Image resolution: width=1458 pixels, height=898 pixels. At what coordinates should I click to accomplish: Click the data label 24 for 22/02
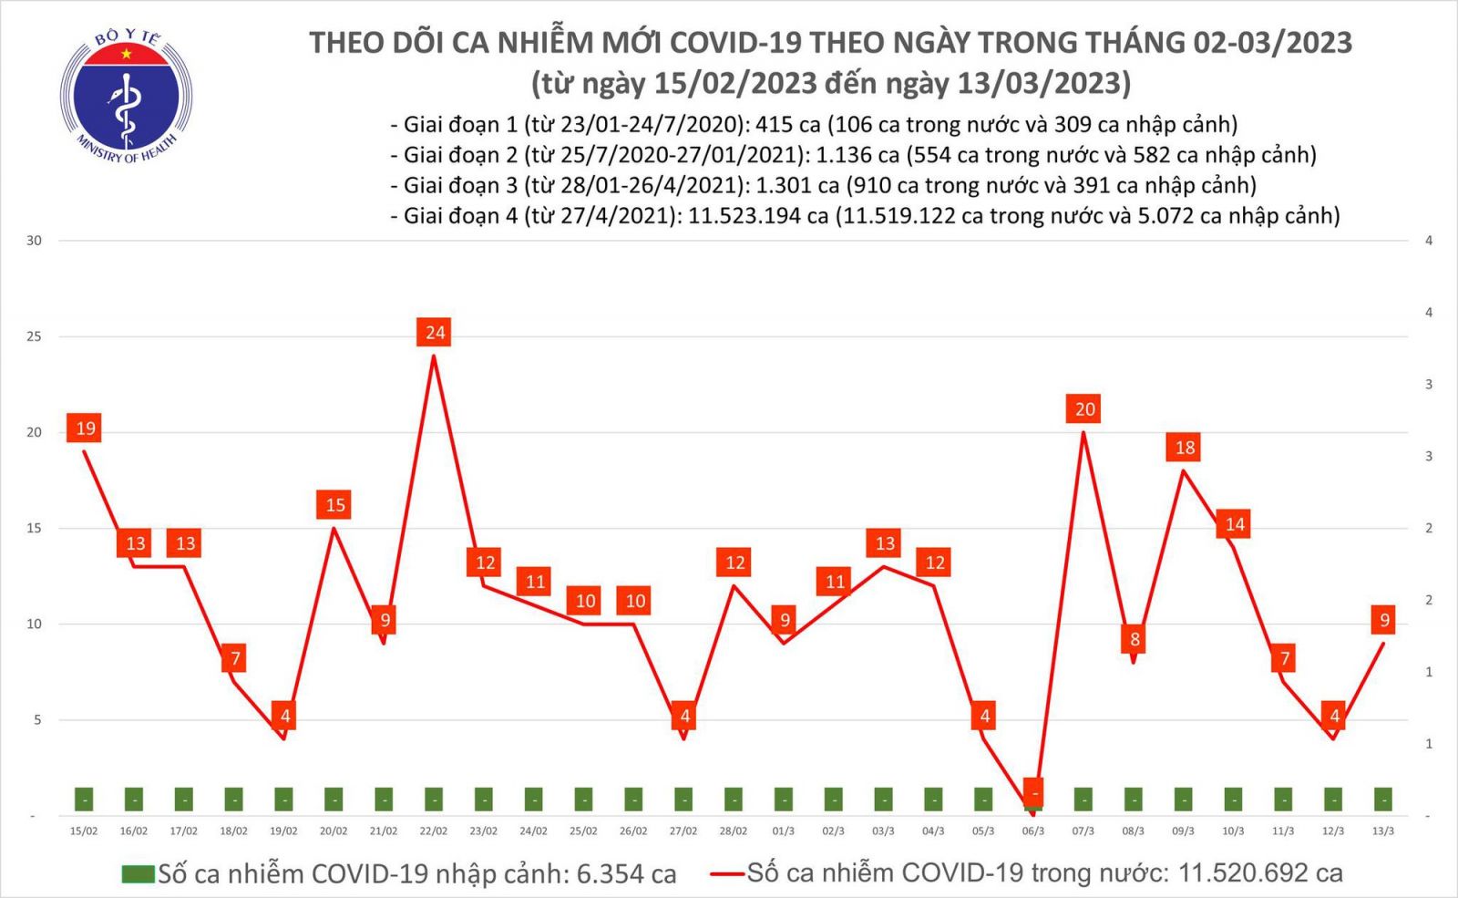point(435,333)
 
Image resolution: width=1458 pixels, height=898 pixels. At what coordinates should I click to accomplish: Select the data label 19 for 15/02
point(85,428)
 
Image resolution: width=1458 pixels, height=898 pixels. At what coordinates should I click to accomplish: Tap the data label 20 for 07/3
point(1083,409)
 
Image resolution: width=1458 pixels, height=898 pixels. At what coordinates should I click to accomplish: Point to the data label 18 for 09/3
point(1184,448)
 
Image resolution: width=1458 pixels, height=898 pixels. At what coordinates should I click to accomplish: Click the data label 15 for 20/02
point(334,505)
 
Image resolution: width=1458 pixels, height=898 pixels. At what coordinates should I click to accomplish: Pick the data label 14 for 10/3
point(1234,524)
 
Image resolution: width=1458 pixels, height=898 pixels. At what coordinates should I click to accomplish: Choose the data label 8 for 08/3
point(1135,639)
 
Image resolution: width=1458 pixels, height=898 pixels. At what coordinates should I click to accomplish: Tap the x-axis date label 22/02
point(434,831)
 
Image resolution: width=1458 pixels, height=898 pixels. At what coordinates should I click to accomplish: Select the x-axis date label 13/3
point(1382,831)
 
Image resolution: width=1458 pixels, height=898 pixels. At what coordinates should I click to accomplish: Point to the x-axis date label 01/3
point(783,831)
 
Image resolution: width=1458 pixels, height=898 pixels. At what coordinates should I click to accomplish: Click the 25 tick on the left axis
point(35,336)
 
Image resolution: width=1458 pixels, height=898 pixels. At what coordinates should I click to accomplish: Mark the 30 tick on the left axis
point(35,241)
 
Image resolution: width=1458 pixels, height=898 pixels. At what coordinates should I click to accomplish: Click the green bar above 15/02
point(84,800)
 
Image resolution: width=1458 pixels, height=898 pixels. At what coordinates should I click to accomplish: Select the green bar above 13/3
point(1382,800)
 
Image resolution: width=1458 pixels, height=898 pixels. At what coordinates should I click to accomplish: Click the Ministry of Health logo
point(126,94)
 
